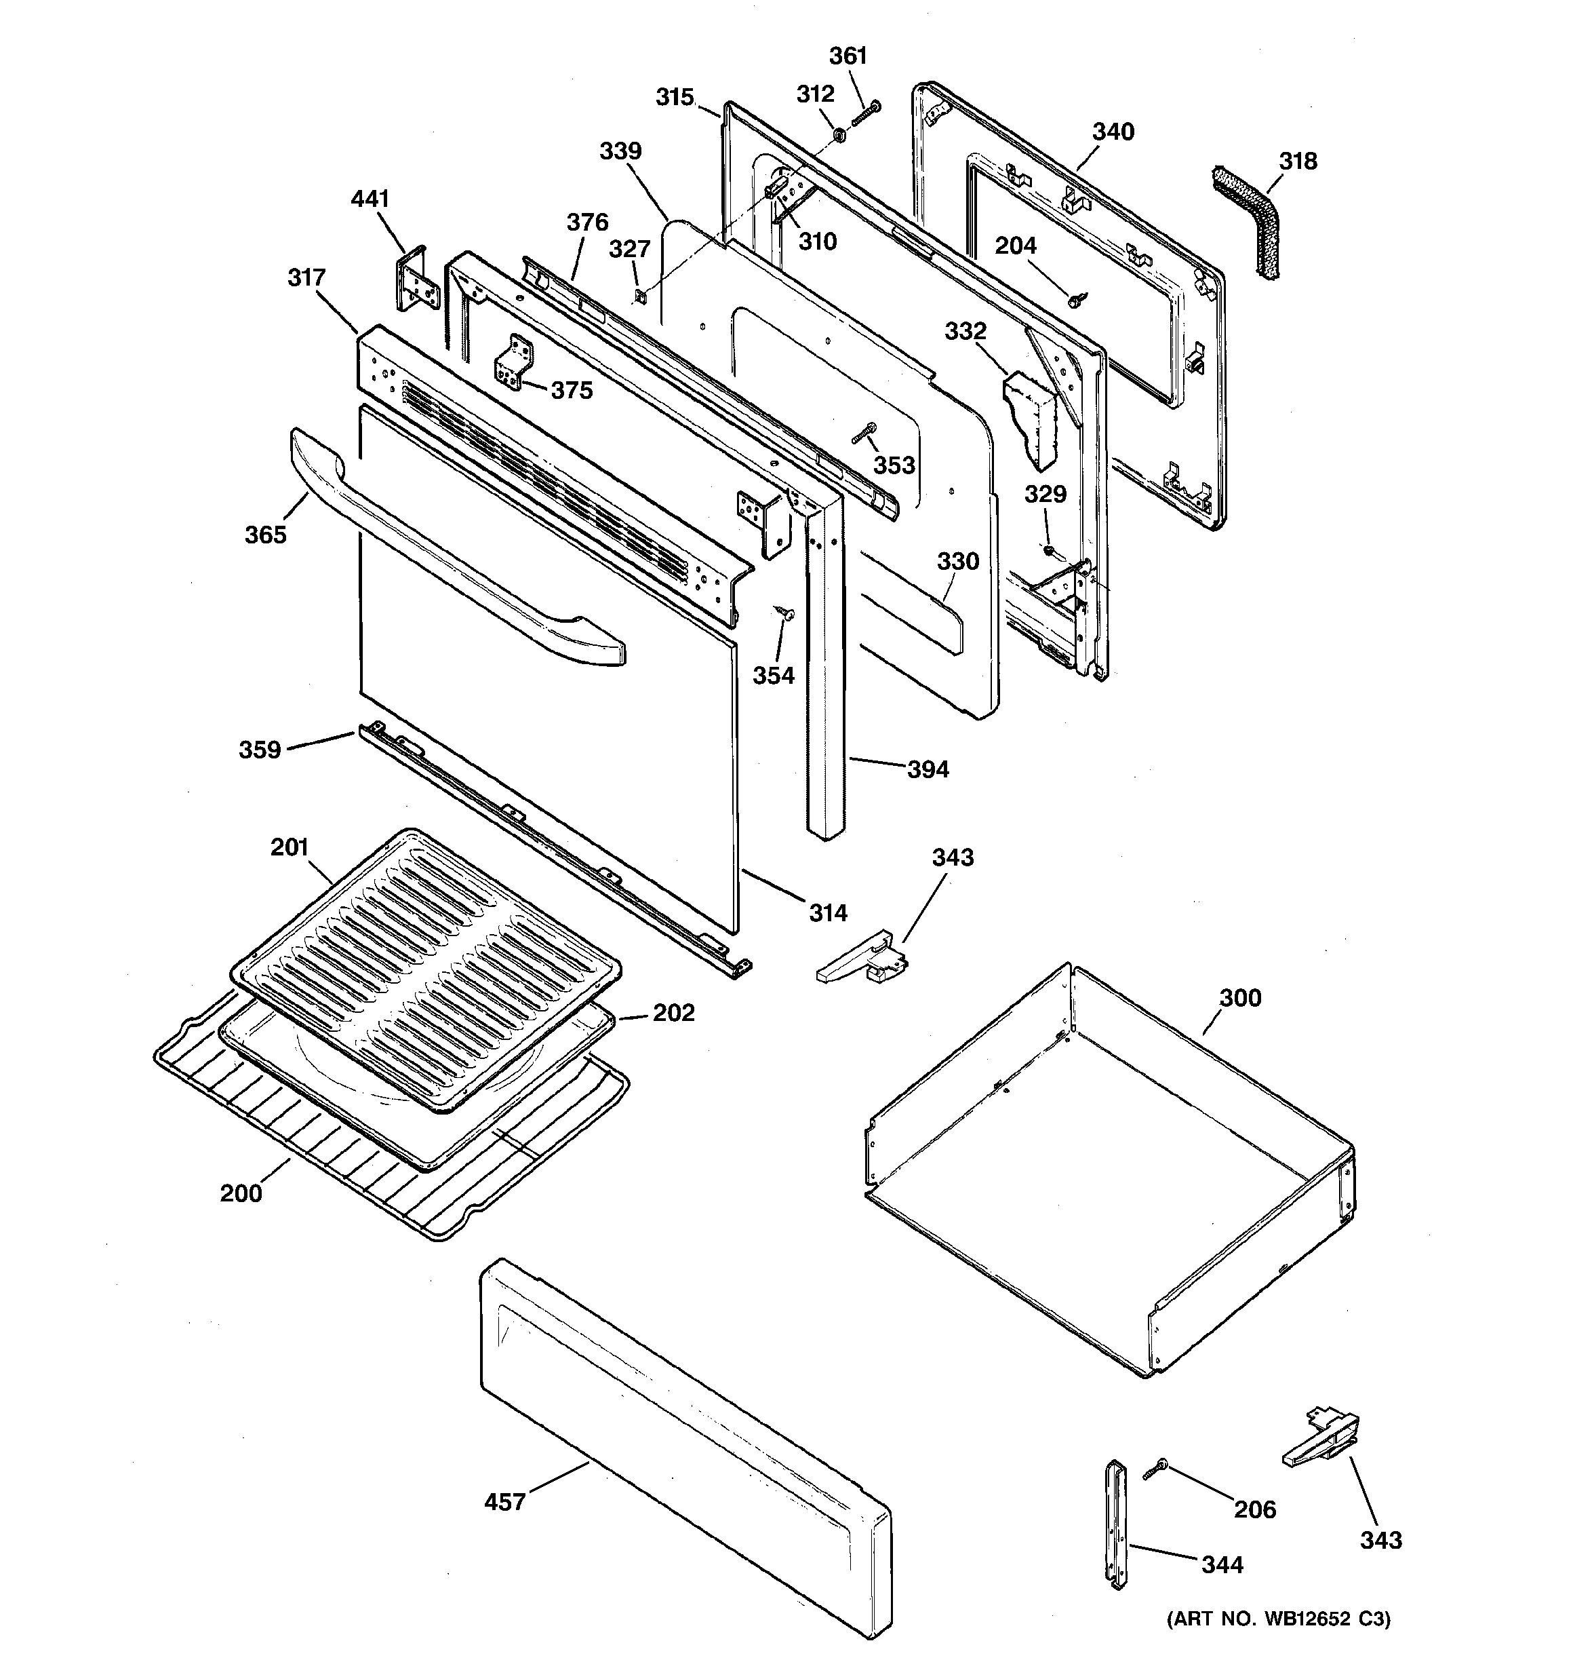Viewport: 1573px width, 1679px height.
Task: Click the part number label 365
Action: [265, 535]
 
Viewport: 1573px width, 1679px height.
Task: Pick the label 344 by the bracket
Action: [1222, 1565]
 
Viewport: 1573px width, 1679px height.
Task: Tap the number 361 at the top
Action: [848, 56]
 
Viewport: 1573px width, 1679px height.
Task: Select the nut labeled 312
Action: [839, 134]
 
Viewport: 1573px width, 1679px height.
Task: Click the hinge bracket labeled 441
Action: [417, 279]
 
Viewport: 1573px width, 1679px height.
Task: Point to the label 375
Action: [572, 390]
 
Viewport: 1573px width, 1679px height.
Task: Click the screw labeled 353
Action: [865, 434]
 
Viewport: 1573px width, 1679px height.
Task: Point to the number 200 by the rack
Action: [241, 1193]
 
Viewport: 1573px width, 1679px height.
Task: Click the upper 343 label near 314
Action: [953, 857]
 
